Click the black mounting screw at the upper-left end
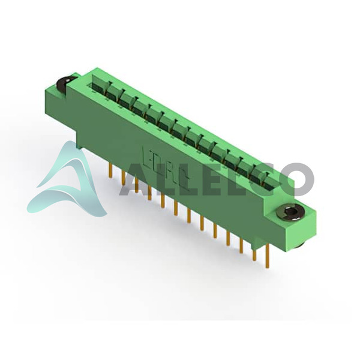[x=65, y=82]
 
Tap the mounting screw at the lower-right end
[x=290, y=211]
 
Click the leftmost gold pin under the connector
[x=110, y=170]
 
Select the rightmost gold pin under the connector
[x=267, y=256]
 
